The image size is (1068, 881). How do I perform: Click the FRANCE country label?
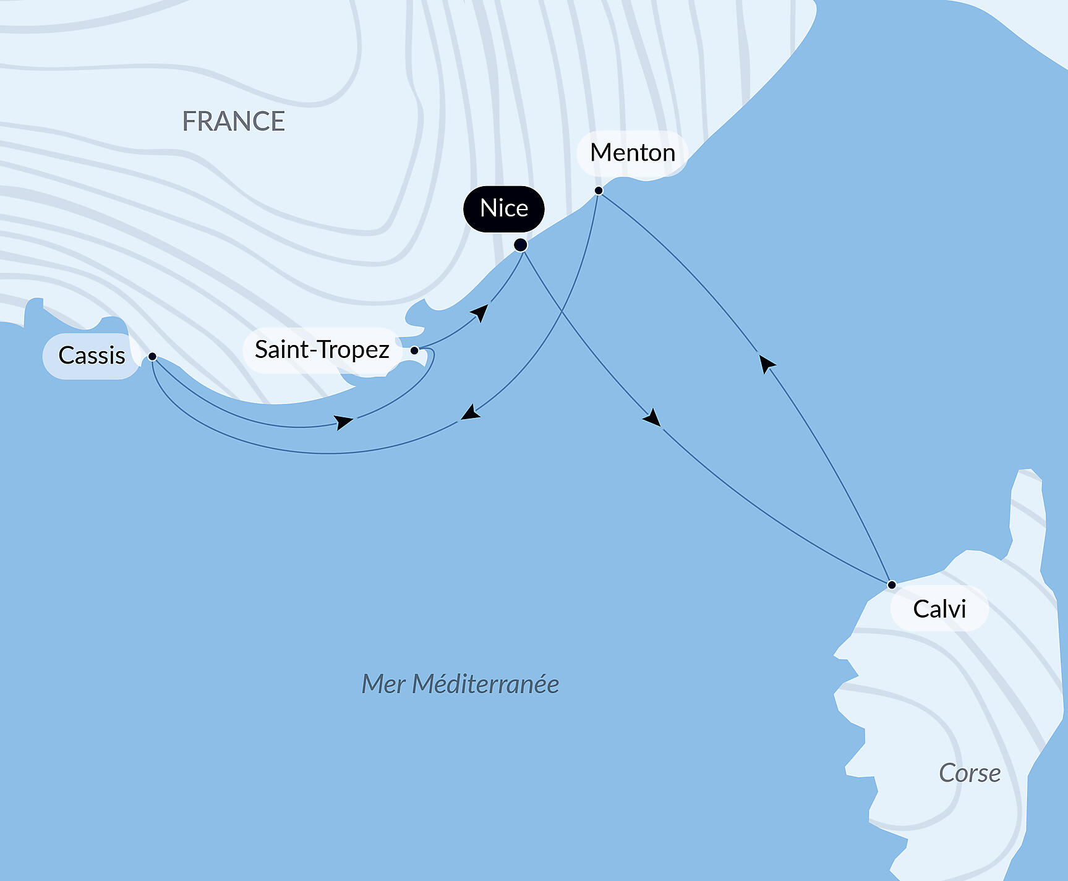[233, 121]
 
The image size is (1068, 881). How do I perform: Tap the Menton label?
[632, 153]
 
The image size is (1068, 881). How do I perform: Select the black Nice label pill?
[504, 208]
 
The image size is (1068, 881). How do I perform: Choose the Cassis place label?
[92, 355]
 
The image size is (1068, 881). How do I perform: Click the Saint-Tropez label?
[322, 350]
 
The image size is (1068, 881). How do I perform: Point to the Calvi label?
[939, 609]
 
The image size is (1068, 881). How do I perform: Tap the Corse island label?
[969, 773]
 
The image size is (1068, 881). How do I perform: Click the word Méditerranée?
[485, 684]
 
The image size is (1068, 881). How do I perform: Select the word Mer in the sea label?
[383, 684]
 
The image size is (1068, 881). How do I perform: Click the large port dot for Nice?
[521, 245]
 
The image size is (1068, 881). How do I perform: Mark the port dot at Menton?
[599, 190]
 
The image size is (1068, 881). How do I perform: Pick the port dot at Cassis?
[152, 357]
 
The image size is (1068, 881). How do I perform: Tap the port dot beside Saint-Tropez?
[414, 351]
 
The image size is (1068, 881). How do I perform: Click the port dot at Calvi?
[891, 584]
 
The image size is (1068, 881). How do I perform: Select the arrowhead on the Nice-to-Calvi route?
[652, 418]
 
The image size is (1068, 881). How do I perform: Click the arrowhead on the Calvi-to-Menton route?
[767, 363]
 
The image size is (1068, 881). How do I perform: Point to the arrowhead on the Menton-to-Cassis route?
[471, 413]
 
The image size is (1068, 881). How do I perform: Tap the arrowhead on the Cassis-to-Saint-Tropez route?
[343, 422]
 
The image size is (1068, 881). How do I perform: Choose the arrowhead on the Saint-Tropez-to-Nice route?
[480, 312]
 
